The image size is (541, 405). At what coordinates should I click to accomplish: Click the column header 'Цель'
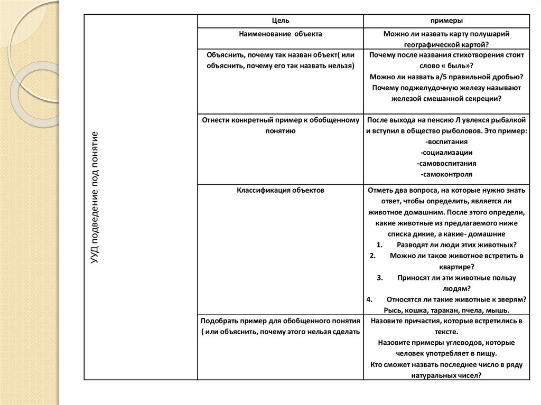pyautogui.click(x=280, y=21)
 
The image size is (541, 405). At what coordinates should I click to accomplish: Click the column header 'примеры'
pyautogui.click(x=446, y=21)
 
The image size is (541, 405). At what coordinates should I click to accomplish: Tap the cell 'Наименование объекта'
pyautogui.click(x=280, y=34)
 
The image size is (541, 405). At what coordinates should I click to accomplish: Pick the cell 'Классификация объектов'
pyautogui.click(x=280, y=190)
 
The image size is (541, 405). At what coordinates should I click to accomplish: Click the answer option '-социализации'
pyautogui.click(x=446, y=152)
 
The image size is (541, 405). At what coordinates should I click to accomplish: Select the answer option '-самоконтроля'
pyautogui.click(x=446, y=174)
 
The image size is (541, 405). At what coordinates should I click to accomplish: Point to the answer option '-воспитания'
pyautogui.click(x=446, y=142)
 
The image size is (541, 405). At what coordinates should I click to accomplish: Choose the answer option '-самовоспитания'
pyautogui.click(x=446, y=163)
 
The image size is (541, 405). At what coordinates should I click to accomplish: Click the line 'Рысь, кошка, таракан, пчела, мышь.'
pyautogui.click(x=446, y=310)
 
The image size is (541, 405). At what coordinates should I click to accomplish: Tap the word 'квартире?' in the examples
pyautogui.click(x=446, y=267)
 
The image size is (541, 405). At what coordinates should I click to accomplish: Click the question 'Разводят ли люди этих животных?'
pyautogui.click(x=456, y=244)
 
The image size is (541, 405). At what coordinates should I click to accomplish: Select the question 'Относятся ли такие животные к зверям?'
pyautogui.click(x=456, y=299)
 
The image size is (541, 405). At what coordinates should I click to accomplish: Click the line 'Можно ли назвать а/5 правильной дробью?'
pyautogui.click(x=446, y=77)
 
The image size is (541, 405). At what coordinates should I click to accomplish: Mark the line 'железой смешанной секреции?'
pyautogui.click(x=446, y=98)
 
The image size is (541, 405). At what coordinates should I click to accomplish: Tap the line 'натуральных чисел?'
pyautogui.click(x=446, y=375)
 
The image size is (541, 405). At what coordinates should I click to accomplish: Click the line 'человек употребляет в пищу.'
pyautogui.click(x=446, y=353)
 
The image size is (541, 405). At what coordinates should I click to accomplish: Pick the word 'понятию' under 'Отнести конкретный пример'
pyautogui.click(x=280, y=130)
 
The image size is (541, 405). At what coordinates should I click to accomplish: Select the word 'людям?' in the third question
pyautogui.click(x=446, y=288)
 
